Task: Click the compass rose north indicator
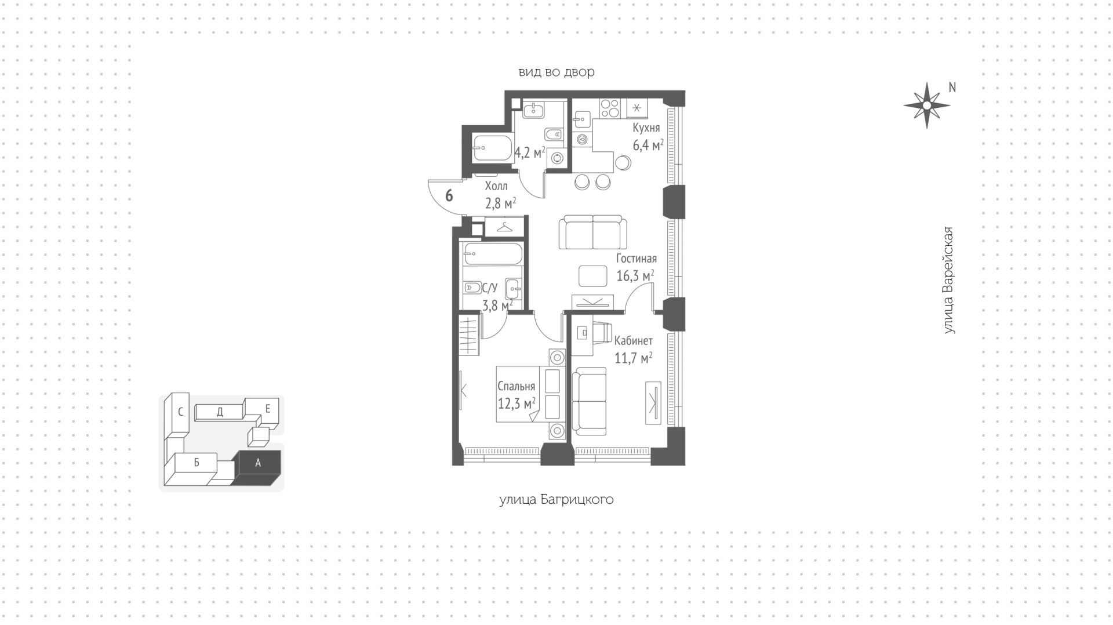coord(926,105)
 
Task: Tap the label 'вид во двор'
coord(556,72)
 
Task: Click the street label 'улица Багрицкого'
coord(556,499)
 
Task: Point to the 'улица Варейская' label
coord(948,280)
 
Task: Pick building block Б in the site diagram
coord(197,463)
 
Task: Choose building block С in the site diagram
coord(180,412)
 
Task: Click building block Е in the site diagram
coord(267,409)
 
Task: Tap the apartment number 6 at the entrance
coord(449,195)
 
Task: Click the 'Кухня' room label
coord(646,128)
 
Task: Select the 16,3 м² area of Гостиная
coord(635,275)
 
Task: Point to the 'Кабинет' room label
coord(633,340)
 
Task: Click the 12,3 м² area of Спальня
coord(516,403)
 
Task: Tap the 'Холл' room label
coord(496,186)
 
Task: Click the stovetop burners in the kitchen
coord(610,108)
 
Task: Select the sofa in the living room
coord(593,232)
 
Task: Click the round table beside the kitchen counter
coord(624,162)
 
